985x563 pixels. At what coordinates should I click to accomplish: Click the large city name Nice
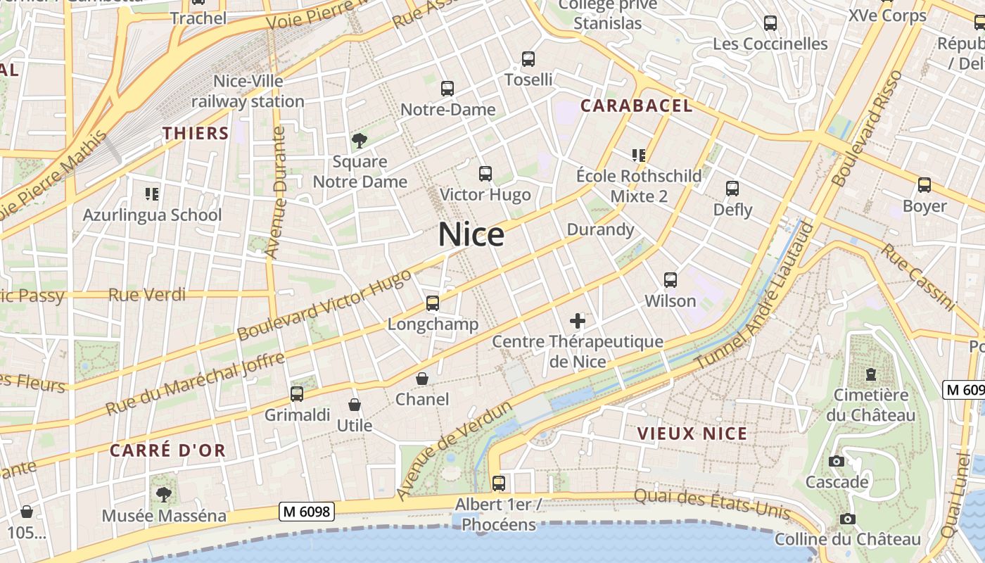click(471, 235)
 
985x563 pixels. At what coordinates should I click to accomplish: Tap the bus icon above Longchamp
click(432, 303)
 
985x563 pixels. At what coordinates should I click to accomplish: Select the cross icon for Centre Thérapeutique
click(578, 321)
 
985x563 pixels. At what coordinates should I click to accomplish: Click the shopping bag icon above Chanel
click(422, 379)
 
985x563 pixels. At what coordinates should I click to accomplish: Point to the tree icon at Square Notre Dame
click(360, 141)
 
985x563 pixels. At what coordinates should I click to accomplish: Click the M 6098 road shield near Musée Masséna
click(306, 512)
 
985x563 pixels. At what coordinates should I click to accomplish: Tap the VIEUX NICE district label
click(692, 434)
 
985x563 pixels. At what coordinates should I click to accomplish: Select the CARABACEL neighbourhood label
click(637, 106)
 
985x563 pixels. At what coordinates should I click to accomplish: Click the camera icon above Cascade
click(837, 462)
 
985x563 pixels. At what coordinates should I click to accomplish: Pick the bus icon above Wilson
click(671, 280)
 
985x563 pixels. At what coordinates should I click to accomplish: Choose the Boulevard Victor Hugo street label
click(324, 305)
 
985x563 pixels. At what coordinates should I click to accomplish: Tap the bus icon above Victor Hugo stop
click(485, 173)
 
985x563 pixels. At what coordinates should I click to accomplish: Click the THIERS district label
click(196, 133)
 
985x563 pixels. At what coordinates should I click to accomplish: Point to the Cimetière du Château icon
click(871, 374)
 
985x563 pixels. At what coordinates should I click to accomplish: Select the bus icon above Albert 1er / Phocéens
click(499, 483)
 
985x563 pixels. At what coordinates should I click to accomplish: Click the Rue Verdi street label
click(148, 294)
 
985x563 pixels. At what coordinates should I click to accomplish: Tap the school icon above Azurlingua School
click(152, 194)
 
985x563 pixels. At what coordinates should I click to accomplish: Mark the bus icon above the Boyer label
click(924, 185)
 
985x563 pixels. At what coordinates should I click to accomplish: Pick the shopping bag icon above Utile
click(355, 405)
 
